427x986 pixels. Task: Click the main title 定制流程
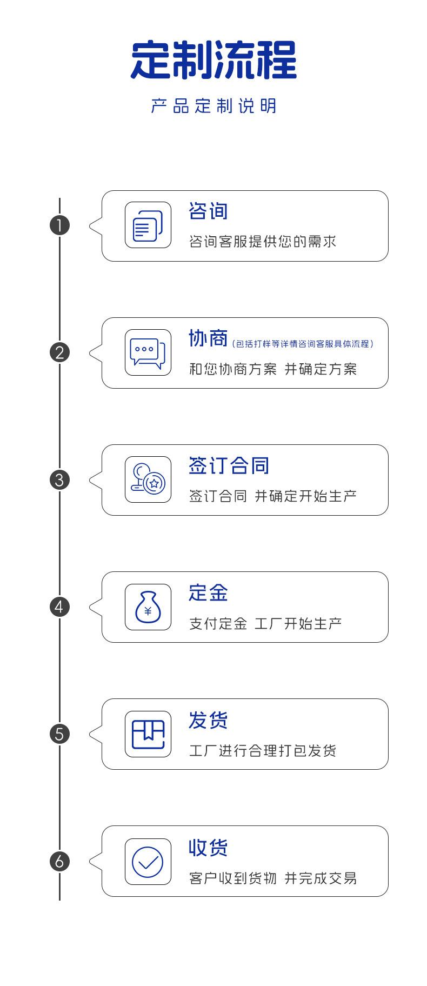click(213, 61)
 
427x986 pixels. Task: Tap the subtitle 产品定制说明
click(213, 106)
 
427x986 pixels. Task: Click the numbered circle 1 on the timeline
click(59, 225)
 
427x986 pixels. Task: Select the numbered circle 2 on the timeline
click(59, 352)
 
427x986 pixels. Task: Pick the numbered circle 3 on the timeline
click(59, 479)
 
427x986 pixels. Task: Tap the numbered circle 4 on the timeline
click(59, 607)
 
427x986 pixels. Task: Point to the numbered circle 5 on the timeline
click(59, 734)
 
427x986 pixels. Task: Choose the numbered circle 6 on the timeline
click(59, 861)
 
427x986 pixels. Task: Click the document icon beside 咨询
click(148, 225)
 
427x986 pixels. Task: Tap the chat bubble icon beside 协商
click(148, 352)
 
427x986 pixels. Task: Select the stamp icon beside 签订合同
click(148, 479)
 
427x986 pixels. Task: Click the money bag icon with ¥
click(148, 607)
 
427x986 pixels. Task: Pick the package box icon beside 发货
click(148, 734)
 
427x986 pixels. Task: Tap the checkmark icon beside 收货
click(148, 861)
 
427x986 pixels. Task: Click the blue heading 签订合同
click(229, 465)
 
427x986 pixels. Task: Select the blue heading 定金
click(208, 592)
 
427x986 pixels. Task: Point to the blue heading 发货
click(208, 720)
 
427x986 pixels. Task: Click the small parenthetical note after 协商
click(302, 344)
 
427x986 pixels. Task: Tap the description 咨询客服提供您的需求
click(263, 242)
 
